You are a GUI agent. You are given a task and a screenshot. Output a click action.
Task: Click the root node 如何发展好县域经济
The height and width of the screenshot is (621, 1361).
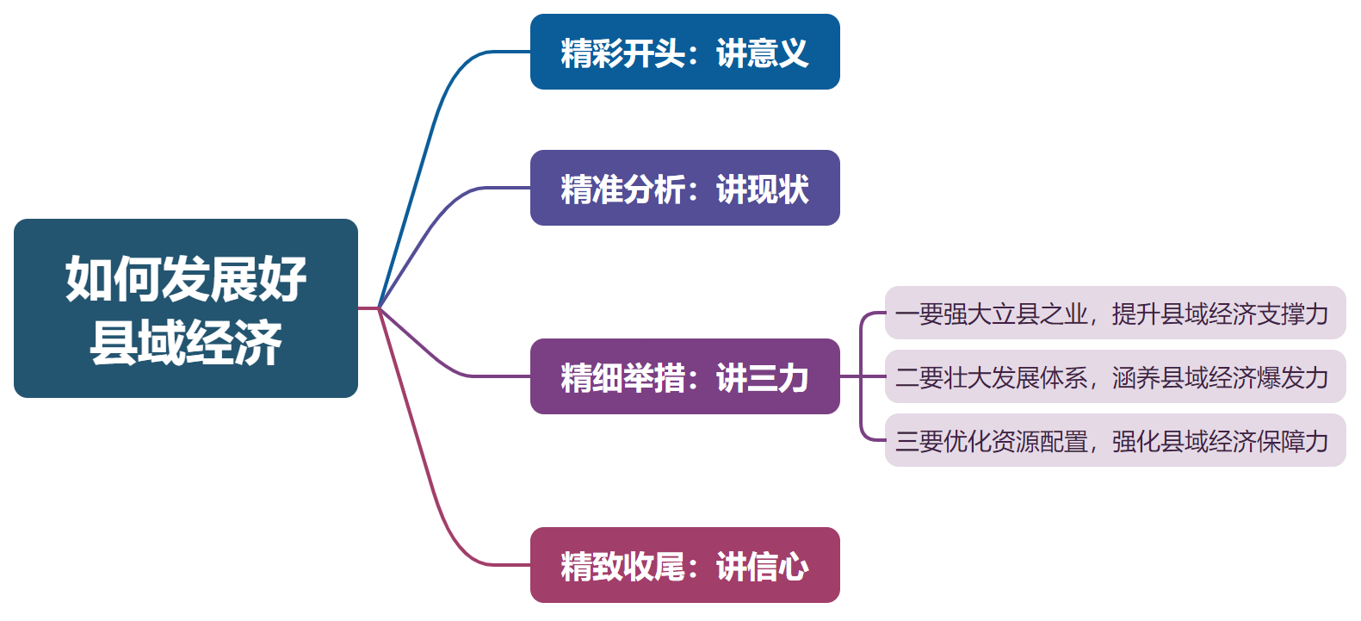click(x=185, y=308)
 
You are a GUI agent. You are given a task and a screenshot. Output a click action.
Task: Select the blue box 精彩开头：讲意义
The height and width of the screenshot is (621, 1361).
click(x=684, y=52)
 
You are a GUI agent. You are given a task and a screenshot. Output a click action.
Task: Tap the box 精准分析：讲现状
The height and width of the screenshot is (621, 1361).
click(x=684, y=188)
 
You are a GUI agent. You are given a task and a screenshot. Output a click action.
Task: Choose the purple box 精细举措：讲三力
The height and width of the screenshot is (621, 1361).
click(x=684, y=376)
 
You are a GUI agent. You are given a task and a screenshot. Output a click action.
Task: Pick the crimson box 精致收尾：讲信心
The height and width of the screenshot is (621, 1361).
click(x=684, y=565)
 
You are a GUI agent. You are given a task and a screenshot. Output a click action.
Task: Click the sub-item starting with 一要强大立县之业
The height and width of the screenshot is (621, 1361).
click(x=1115, y=314)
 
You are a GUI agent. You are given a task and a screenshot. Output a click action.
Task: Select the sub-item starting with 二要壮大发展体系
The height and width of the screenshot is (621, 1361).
click(x=1115, y=377)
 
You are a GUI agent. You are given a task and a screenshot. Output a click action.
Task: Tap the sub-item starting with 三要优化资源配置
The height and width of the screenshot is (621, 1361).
click(x=1115, y=441)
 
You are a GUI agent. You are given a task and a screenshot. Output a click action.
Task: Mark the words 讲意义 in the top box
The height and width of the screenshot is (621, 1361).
click(x=762, y=53)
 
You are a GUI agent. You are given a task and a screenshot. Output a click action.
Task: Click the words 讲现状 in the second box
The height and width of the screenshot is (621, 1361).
click(x=762, y=189)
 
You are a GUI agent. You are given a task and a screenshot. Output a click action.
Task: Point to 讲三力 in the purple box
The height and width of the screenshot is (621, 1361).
click(x=762, y=377)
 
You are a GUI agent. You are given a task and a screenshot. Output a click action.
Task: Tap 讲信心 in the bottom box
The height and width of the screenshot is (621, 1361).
click(x=762, y=566)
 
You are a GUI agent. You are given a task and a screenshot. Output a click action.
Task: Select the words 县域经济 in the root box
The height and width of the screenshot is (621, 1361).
click(x=185, y=342)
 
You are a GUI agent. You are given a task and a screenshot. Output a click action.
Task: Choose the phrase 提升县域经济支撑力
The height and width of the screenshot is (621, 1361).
click(x=1220, y=314)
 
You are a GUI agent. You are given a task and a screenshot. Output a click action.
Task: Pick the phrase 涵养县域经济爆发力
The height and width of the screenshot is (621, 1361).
click(x=1220, y=377)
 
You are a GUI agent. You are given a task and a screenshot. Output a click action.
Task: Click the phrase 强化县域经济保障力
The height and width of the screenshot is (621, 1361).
click(x=1220, y=441)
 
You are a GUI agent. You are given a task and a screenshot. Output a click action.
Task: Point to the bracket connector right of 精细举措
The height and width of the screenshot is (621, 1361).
click(x=861, y=376)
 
